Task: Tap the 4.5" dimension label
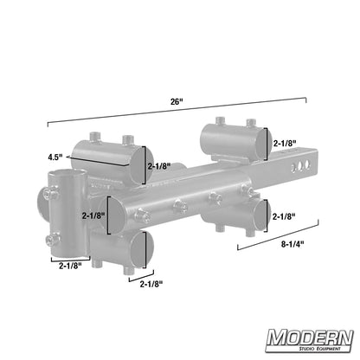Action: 56,157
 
